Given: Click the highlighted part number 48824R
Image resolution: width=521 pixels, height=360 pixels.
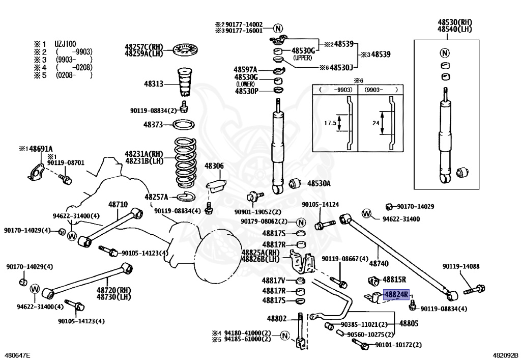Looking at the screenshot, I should [396, 295].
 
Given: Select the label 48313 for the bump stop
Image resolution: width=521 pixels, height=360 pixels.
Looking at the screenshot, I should [154, 85].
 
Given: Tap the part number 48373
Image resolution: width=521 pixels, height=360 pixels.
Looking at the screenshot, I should [153, 124].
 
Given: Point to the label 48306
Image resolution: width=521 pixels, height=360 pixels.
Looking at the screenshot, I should [214, 166].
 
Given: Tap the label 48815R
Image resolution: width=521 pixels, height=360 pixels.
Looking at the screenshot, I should [394, 280].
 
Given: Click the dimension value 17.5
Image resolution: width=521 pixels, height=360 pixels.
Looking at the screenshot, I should [330, 123].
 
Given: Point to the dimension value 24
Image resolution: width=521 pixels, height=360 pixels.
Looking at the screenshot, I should [375, 123].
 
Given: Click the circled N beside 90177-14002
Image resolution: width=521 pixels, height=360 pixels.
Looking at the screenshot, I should [278, 27].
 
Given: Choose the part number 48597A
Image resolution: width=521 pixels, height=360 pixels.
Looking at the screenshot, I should [246, 69].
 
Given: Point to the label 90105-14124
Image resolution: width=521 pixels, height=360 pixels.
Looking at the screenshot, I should [320, 205].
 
